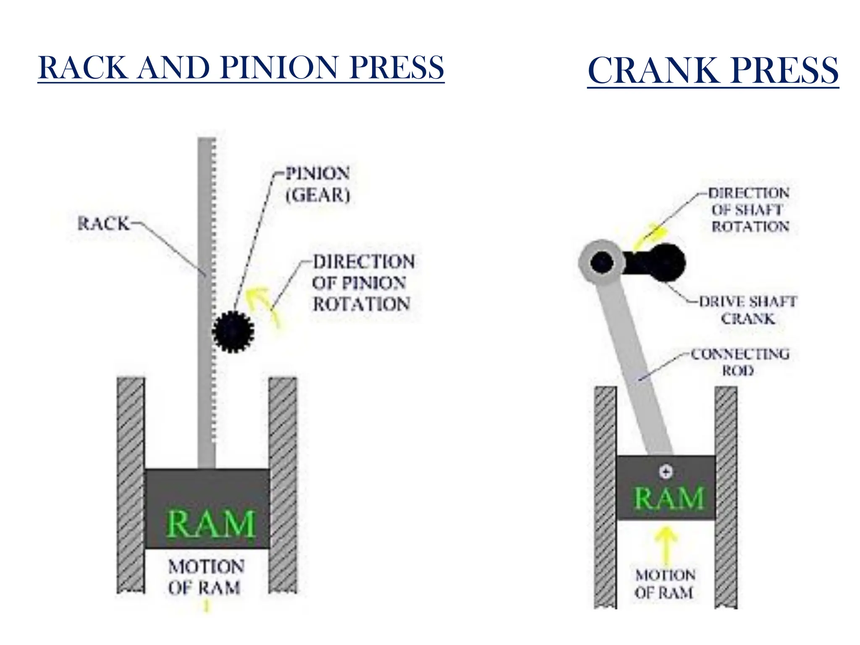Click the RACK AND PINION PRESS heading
[241, 68]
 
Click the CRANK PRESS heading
[713, 70]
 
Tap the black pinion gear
[233, 331]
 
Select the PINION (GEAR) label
[317, 184]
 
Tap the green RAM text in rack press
[211, 524]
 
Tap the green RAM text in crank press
[669, 498]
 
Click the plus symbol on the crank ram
[666, 472]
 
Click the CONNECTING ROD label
[739, 362]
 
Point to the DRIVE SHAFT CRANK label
[747, 310]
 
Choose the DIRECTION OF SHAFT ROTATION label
[750, 210]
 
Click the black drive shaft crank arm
[659, 263]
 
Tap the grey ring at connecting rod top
[586, 262]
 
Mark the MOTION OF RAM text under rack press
[205, 577]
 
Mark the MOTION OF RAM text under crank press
[665, 584]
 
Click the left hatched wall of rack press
[131, 483]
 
